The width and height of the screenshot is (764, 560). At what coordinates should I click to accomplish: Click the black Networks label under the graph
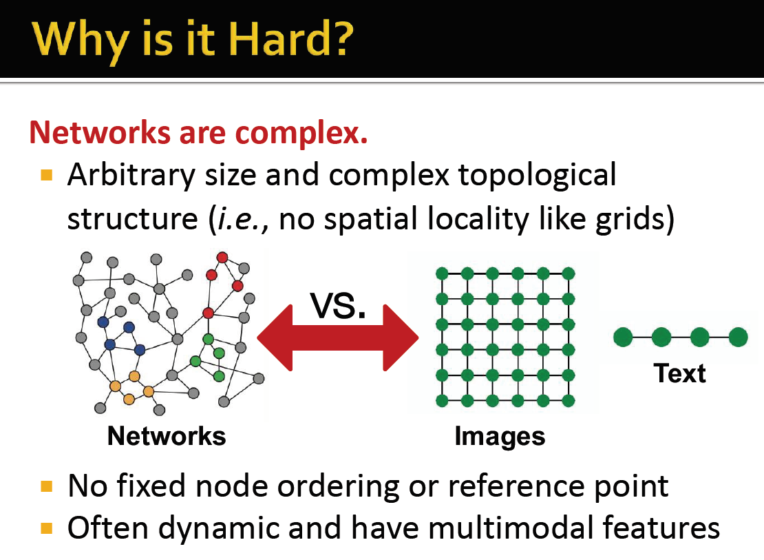click(x=167, y=436)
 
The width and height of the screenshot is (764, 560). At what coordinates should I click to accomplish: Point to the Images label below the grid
click(x=500, y=436)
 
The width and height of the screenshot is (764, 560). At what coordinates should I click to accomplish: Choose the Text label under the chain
click(x=680, y=373)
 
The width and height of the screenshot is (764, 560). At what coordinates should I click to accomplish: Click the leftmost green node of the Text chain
click(x=623, y=337)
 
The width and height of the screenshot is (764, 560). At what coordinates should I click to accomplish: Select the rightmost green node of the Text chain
click(x=738, y=337)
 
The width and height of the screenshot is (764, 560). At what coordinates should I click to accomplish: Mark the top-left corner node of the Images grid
click(x=442, y=273)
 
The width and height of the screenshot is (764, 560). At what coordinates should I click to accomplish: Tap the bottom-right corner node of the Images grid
click(x=568, y=400)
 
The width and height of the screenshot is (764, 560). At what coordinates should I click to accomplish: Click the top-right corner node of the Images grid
click(x=568, y=273)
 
